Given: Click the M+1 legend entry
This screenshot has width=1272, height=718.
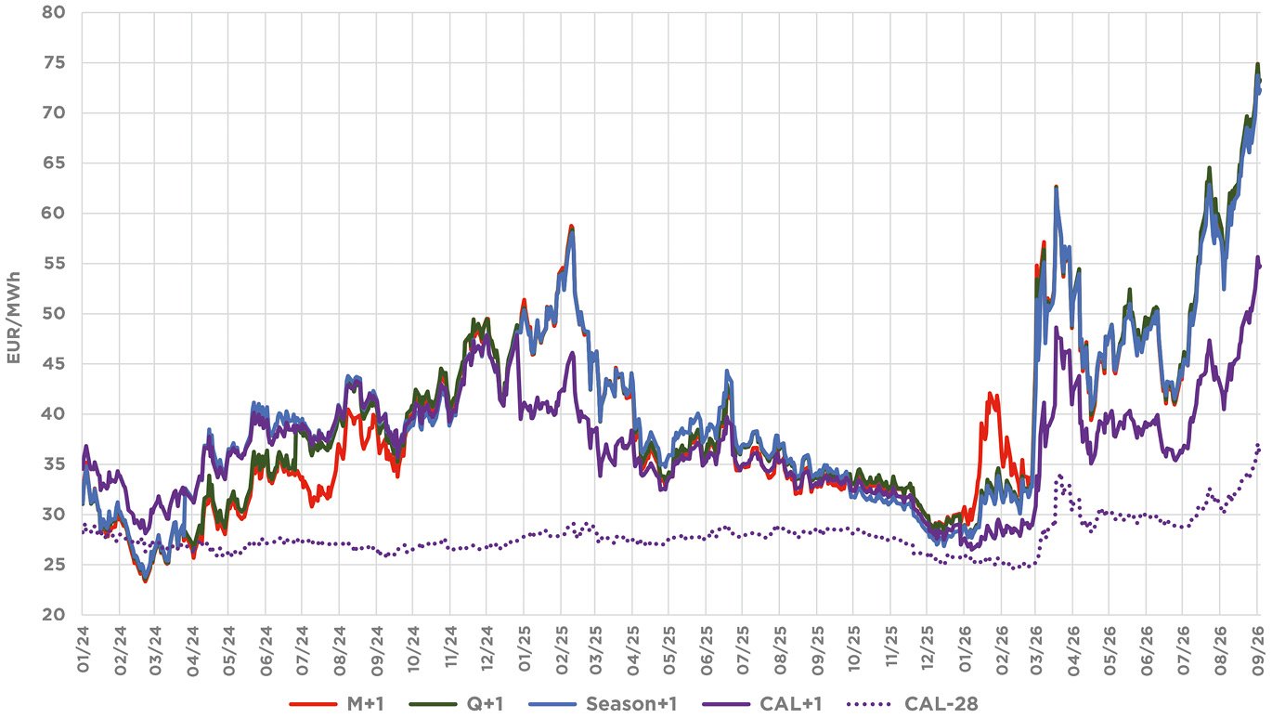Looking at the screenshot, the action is click(x=337, y=704).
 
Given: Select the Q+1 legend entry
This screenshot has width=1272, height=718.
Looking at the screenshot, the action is click(x=457, y=704).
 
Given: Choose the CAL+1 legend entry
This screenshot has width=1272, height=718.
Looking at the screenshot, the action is click(x=762, y=704).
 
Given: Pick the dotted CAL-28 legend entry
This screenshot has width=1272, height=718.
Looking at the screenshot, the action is click(x=913, y=704).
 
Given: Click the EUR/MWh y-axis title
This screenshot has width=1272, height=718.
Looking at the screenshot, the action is click(x=14, y=318).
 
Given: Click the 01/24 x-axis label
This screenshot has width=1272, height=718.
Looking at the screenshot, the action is click(x=83, y=650).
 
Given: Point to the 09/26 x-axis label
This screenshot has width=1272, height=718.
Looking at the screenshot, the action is click(x=1255, y=650).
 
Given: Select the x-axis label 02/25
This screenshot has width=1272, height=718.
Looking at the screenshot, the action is click(x=562, y=650).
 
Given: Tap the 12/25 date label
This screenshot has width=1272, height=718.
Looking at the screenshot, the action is click(x=928, y=650).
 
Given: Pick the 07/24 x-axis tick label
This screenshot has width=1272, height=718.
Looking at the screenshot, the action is click(x=302, y=650).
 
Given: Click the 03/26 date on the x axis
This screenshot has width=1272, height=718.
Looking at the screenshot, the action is click(x=1037, y=650).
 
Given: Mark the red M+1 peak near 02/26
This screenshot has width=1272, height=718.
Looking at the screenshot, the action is click(x=991, y=393).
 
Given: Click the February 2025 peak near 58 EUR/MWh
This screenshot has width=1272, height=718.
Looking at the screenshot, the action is click(x=571, y=226).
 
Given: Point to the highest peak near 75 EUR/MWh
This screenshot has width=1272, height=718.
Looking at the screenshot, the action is click(x=1253, y=64).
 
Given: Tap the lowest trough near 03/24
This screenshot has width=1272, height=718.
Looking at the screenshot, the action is click(x=146, y=581).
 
